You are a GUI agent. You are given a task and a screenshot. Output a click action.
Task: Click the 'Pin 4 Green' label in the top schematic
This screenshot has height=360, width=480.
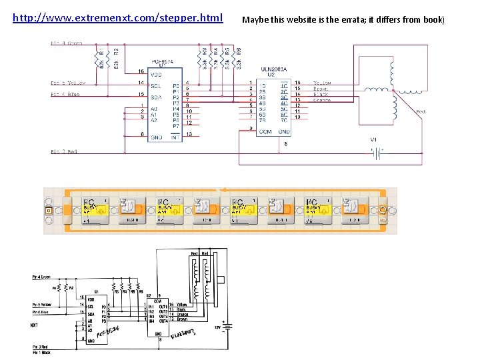(67, 43)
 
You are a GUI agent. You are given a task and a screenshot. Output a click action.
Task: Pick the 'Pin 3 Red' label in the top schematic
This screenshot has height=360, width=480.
(64, 152)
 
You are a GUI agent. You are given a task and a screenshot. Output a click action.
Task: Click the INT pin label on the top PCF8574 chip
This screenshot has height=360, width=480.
(175, 136)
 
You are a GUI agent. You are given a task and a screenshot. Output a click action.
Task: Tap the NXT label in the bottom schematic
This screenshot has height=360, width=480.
(35, 326)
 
